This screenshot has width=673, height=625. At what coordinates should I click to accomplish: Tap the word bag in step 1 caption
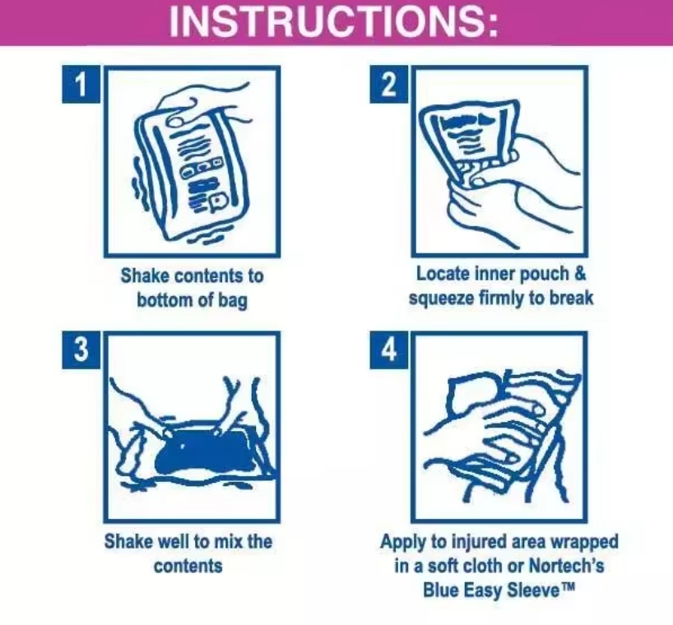pos(231,300)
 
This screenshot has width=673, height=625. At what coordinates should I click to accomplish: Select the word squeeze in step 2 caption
pos(442,297)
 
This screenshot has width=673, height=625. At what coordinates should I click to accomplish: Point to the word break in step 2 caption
pos(572,297)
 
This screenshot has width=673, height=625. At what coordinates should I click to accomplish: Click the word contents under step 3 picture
pos(188,566)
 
